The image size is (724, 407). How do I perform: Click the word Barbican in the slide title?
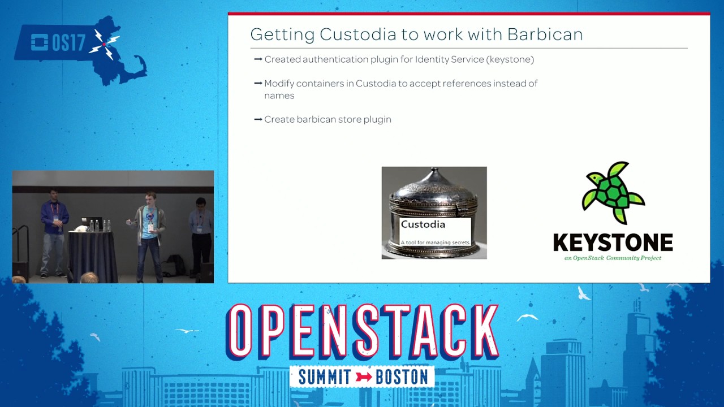545,34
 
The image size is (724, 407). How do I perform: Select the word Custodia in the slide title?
357,34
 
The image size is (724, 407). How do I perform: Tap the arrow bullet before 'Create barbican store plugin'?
258,119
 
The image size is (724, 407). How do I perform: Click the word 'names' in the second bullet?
279,96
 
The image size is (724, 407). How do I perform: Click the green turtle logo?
613,193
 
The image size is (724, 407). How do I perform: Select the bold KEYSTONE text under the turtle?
613,243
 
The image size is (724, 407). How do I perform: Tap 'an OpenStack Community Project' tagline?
613,258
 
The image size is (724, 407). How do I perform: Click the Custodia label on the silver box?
423,224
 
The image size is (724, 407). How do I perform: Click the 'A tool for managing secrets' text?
435,243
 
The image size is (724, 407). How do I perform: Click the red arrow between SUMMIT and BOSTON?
364,377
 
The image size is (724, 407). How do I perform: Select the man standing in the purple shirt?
54,232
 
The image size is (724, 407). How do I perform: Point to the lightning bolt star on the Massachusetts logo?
105,44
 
